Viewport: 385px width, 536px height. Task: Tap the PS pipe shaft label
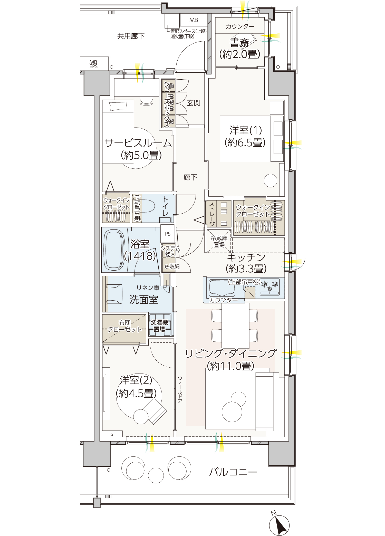168,234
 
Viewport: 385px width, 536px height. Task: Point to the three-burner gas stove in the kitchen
269,288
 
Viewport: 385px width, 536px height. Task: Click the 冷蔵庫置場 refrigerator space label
219,242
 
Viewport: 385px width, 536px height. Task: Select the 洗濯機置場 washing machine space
160,325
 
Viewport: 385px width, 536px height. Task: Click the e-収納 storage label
172,266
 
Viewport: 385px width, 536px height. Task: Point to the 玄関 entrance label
194,103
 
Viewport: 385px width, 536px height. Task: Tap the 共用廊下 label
131,36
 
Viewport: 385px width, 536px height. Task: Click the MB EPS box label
93,64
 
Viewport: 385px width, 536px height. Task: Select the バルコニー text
233,472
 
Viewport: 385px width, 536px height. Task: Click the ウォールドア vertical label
180,389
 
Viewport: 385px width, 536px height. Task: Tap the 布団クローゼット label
125,326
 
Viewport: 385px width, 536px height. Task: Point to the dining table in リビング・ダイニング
235,326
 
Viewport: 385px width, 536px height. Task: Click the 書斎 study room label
239,43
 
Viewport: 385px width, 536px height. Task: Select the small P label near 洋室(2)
112,435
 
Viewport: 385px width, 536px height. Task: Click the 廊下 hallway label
190,177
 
